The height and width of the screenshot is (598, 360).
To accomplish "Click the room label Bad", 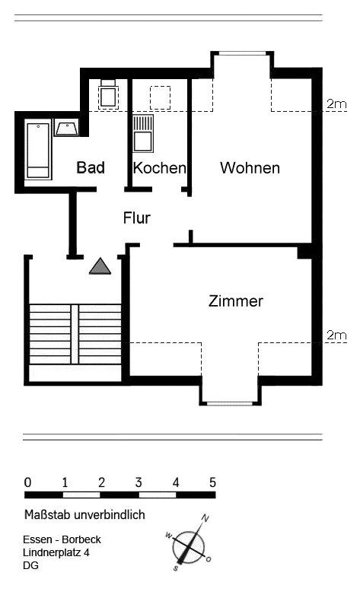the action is click(91, 167).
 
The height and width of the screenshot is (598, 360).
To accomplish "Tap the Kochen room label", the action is click(159, 168).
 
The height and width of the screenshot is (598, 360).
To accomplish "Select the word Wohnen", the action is click(250, 168).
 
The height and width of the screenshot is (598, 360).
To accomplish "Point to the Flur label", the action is click(137, 218).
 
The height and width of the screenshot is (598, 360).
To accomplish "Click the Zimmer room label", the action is click(236, 301).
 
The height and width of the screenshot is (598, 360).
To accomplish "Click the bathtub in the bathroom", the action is click(39, 151).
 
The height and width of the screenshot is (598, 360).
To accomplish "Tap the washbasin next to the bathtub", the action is click(67, 128).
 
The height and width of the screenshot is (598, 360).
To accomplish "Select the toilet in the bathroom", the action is click(108, 94).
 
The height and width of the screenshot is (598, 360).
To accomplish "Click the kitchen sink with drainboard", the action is click(143, 133).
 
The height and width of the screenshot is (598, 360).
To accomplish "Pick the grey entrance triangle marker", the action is click(100, 266).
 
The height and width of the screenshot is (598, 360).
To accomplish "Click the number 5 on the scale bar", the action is click(212, 483).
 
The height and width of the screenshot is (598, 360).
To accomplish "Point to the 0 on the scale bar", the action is click(27, 483).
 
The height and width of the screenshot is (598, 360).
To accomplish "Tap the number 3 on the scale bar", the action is click(139, 483).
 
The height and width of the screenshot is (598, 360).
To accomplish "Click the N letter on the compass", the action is click(205, 518).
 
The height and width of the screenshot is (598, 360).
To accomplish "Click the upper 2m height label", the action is click(336, 103).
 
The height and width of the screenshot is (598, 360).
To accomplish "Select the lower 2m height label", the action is click(336, 336).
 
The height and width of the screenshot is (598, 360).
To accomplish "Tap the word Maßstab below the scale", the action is click(47, 515).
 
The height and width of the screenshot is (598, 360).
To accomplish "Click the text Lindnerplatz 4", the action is click(56, 552).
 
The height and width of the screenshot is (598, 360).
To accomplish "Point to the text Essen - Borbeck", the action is click(62, 539).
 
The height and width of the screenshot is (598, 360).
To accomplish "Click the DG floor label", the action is click(31, 565).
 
